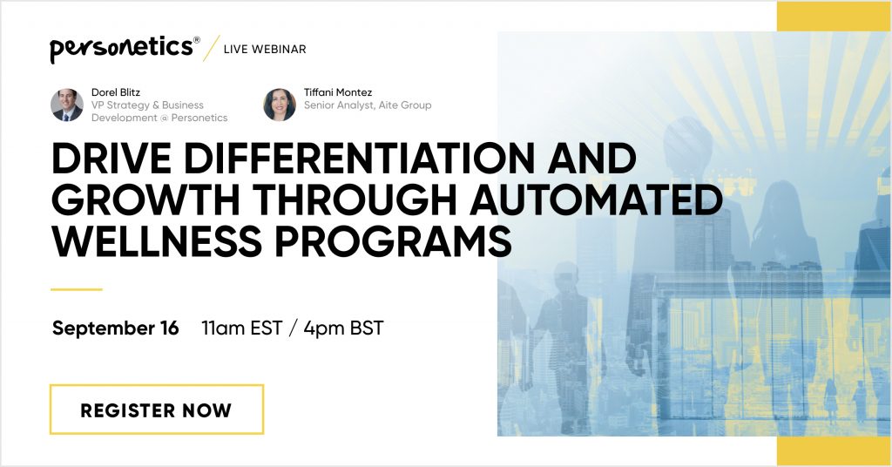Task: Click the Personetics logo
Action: coord(125,49)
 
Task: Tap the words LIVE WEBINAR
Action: coord(265,50)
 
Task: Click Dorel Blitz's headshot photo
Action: coord(67,105)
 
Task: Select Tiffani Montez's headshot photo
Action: coord(280,105)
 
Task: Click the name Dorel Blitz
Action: coord(116,92)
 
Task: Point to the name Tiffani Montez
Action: coord(338,92)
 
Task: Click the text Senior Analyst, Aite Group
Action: coord(368,105)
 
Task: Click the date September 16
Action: coord(116,328)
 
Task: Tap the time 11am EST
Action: coord(242,328)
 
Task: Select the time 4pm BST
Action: coord(343,328)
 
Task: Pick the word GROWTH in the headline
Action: coord(145,200)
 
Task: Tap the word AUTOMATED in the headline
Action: coord(596,200)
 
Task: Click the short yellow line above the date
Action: coord(77,289)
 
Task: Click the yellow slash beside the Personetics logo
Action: coord(211,48)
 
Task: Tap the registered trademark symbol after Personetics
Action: coord(197,40)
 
